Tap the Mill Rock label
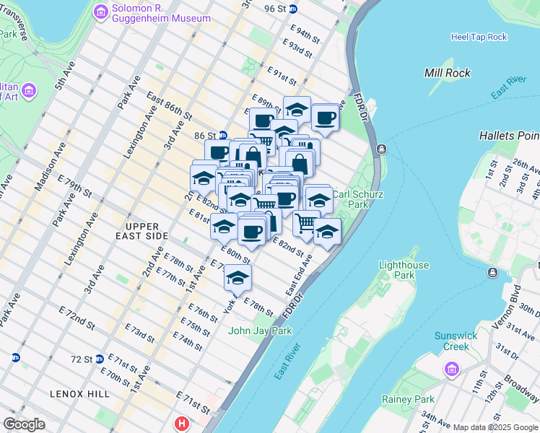tap(448, 73)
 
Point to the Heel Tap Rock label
tap(479, 37)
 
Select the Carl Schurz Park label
tap(357, 199)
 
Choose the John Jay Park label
tap(260, 331)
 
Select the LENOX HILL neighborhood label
tap(79, 394)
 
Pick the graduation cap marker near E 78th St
tap(238, 276)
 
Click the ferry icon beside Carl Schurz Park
tap(381, 149)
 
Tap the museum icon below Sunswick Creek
tap(452, 371)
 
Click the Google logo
tap(24, 424)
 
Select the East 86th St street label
tap(169, 106)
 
